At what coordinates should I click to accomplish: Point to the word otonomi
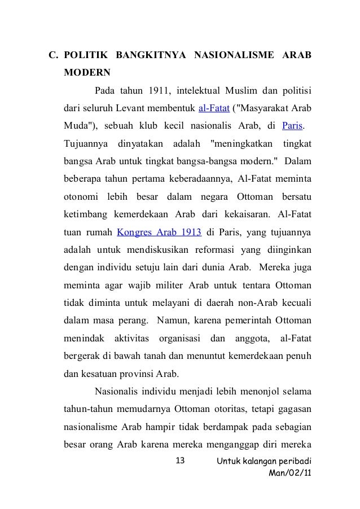pos(80,196)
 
